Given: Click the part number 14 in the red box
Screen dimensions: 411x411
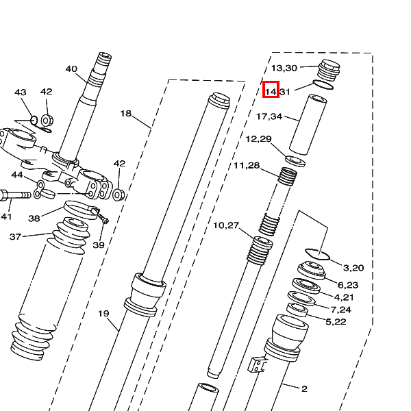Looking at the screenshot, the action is [271, 92].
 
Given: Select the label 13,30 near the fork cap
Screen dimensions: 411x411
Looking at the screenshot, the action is [284, 68].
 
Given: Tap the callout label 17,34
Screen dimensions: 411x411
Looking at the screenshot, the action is [269, 116].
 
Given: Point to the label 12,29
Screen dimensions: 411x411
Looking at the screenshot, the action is [258, 138].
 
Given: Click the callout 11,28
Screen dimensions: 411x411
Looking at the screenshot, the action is [247, 165].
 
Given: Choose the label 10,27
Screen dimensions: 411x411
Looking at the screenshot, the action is [226, 225].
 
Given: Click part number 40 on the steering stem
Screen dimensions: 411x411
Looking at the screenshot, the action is [71, 69].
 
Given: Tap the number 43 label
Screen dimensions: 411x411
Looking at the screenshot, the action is [21, 92].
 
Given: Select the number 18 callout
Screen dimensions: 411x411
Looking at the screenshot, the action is [126, 113].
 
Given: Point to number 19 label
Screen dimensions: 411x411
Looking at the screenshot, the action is [103, 313].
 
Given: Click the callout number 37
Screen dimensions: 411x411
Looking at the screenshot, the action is [15, 237].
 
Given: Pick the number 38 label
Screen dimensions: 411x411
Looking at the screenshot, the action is [34, 218].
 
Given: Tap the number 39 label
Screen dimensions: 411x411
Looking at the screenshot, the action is [99, 245].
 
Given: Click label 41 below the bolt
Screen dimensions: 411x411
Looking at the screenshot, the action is [6, 216].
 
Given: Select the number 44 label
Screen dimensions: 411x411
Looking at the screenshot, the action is [17, 175].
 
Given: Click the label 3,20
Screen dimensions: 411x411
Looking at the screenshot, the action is [353, 268].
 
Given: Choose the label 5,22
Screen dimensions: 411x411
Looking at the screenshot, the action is [336, 322].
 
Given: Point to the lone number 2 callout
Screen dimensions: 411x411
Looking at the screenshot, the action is [304, 388].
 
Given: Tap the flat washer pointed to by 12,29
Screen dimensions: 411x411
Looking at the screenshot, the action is [295, 161].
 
